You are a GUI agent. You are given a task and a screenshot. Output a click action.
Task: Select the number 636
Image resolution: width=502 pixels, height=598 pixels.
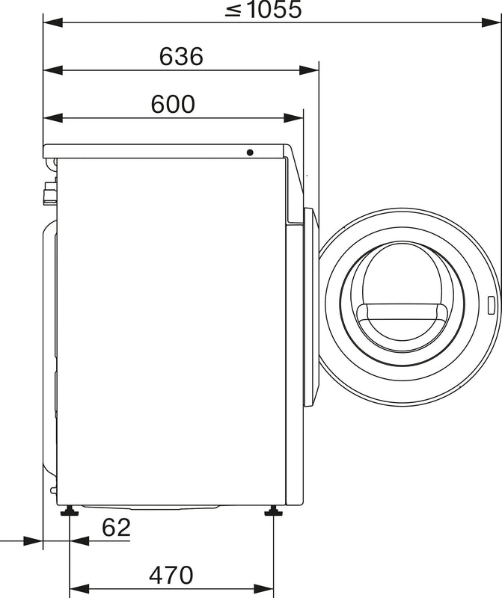[181, 57]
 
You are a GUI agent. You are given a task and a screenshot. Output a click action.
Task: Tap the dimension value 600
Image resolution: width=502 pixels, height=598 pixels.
[173, 105]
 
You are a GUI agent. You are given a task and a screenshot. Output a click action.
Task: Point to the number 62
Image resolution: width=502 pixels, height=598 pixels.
[116, 528]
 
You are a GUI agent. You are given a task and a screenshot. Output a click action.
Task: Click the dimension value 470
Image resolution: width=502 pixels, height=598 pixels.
[171, 575]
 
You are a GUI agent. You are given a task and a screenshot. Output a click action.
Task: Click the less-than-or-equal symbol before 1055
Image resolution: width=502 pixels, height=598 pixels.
[233, 10]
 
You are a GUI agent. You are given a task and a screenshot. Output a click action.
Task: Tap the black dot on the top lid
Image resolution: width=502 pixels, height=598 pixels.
[250, 152]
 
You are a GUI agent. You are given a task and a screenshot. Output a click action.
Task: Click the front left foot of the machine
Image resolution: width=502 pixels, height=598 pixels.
[70, 511]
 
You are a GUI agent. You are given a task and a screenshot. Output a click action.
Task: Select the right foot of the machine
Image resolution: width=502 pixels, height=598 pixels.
[273, 511]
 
